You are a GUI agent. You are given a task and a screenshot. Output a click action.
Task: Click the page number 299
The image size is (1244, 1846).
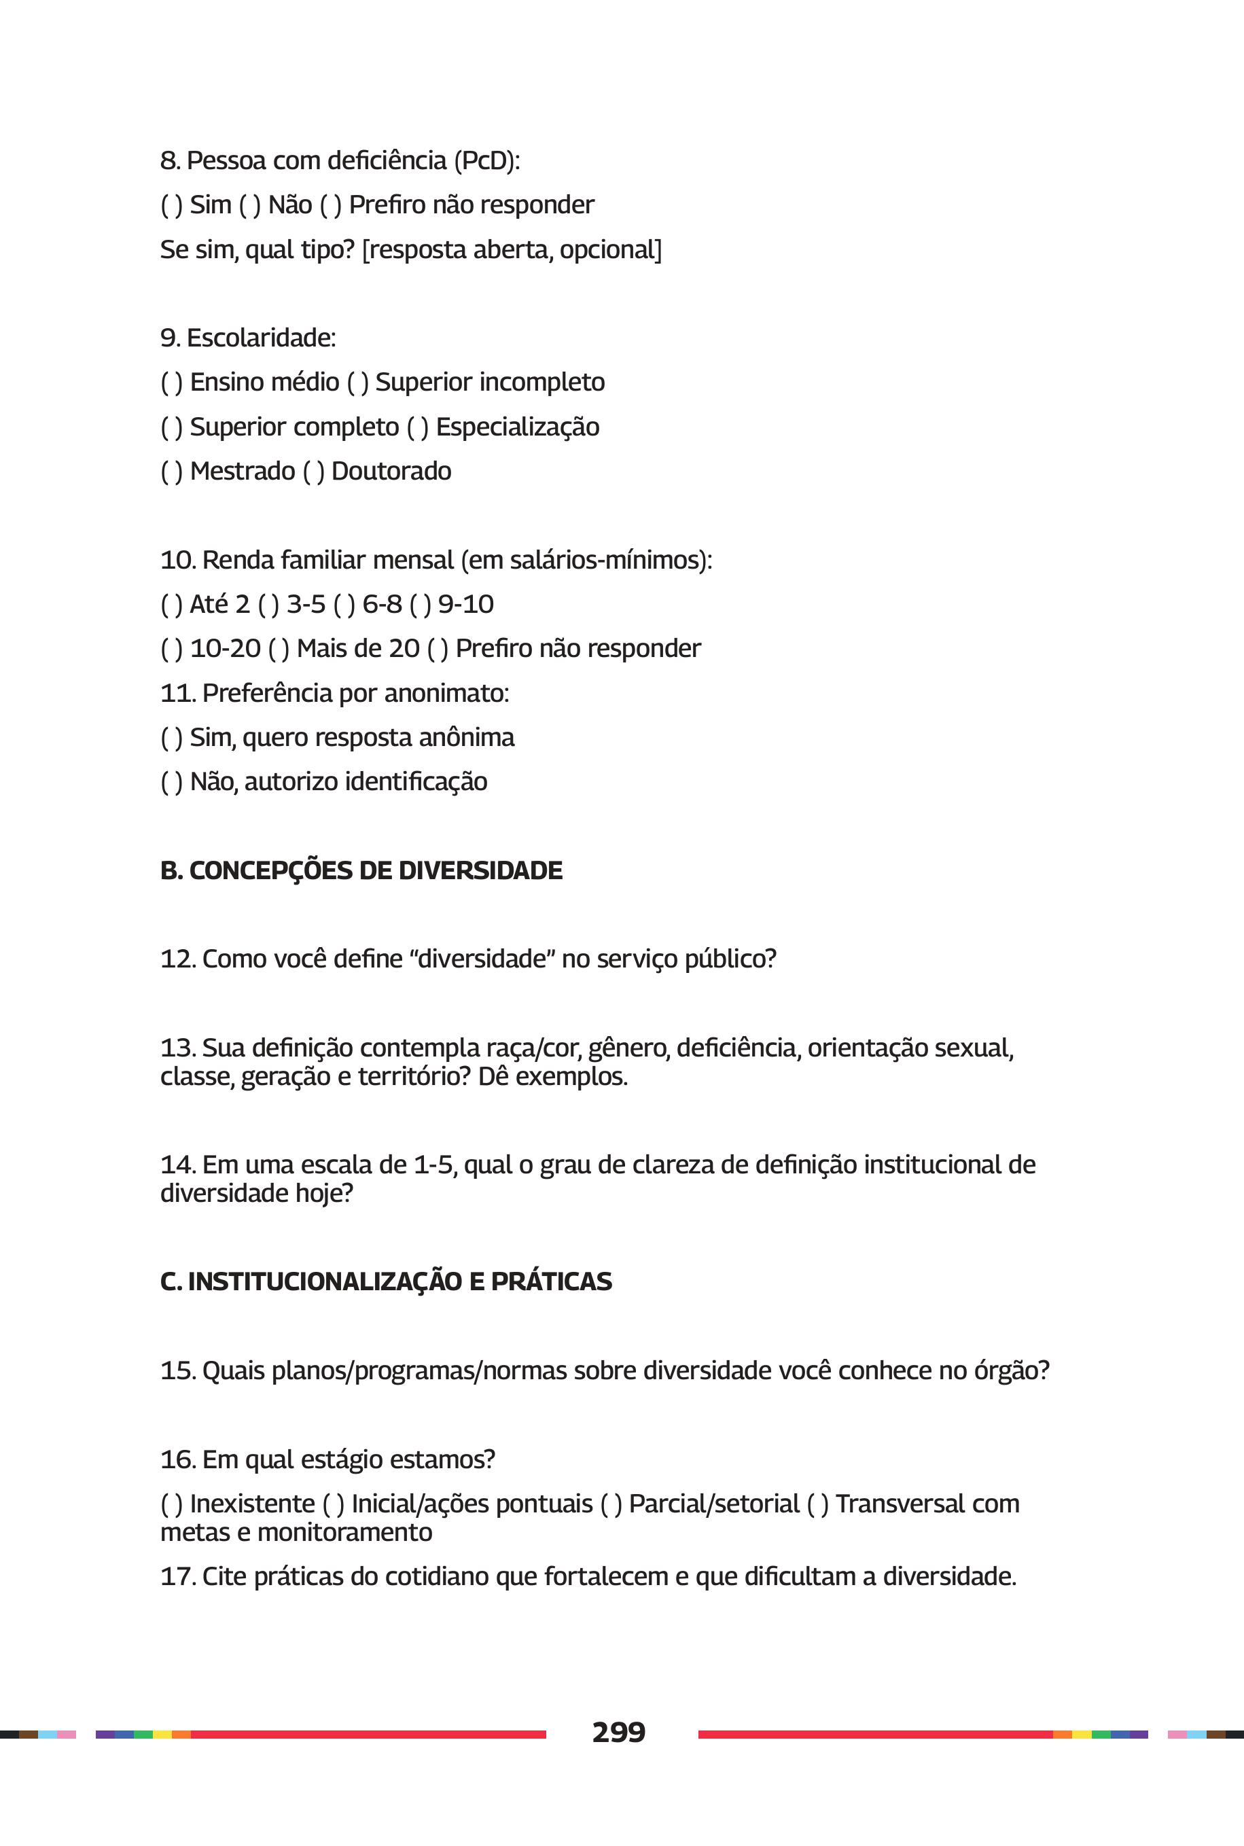tap(618, 1732)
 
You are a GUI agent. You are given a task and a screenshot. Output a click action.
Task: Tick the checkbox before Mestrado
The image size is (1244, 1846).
tap(171, 472)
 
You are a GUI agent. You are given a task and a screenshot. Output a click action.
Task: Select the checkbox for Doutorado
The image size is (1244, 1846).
tap(313, 472)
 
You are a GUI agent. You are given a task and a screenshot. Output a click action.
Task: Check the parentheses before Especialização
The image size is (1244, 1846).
tap(417, 427)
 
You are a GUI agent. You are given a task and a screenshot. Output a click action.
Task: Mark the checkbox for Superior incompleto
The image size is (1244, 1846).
tap(358, 383)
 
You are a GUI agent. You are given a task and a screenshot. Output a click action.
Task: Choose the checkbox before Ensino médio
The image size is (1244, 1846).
tap(171, 383)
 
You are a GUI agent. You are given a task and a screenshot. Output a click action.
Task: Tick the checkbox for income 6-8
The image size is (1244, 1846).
tap(344, 605)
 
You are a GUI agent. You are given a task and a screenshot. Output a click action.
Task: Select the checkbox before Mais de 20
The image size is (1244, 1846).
tap(279, 650)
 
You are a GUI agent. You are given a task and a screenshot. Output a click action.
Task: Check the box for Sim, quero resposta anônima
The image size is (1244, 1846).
tap(171, 739)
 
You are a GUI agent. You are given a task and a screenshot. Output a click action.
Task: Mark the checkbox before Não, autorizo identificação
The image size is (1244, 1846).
tap(171, 783)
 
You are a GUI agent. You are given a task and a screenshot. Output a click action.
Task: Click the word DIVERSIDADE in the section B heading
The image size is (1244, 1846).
tap(480, 870)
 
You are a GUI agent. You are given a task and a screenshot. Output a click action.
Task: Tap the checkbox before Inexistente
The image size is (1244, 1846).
tap(171, 1504)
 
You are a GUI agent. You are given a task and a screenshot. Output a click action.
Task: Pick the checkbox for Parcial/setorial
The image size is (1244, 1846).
tap(611, 1504)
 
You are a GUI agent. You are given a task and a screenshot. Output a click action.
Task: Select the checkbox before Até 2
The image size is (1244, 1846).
tap(171, 605)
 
